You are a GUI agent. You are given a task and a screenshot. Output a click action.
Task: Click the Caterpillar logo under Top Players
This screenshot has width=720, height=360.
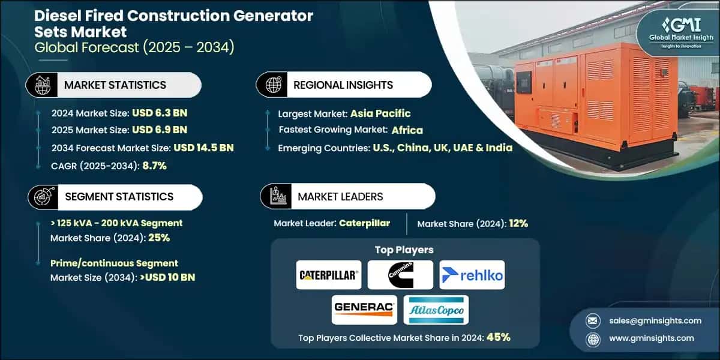pyautogui.click(x=328, y=275)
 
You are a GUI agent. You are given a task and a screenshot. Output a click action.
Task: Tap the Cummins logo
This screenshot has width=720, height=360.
pyautogui.click(x=400, y=275)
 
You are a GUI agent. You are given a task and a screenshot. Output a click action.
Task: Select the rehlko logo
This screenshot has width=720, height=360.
pyautogui.click(x=472, y=275)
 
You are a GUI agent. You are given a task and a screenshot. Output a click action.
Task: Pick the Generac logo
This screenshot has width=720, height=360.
pyautogui.click(x=364, y=310)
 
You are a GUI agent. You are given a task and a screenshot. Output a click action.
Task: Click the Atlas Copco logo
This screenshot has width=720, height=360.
pyautogui.click(x=436, y=310)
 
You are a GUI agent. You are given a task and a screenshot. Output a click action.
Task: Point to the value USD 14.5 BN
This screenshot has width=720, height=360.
pyautogui.click(x=203, y=148)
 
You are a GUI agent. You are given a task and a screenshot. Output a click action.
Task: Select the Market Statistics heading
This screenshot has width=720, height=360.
pyautogui.click(x=115, y=85)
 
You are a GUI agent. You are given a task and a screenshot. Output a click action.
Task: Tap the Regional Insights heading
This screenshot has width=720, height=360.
pyautogui.click(x=343, y=85)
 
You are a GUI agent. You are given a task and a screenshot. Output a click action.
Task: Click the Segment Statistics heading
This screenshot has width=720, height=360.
pyautogui.click(x=119, y=197)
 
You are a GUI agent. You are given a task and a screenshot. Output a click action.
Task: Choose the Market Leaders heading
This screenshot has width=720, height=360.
pyautogui.click(x=340, y=196)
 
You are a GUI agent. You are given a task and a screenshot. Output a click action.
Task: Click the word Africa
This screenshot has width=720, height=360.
pyautogui.click(x=407, y=130)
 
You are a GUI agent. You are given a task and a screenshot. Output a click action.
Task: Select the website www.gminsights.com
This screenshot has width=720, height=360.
pyautogui.click(x=651, y=338)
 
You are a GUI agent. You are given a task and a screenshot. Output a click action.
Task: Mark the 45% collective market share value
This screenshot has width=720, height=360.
pyautogui.click(x=498, y=337)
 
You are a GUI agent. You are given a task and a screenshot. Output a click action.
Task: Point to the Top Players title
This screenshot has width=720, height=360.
pyautogui.click(x=404, y=250)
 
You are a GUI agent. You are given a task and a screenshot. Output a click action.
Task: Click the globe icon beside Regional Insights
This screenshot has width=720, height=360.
pyautogui.click(x=273, y=85)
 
